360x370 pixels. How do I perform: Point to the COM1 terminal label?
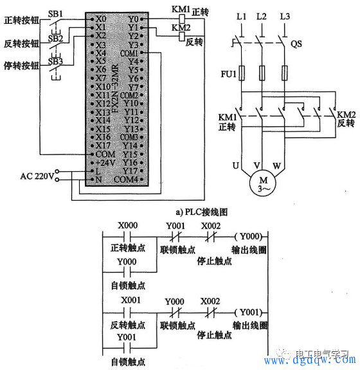click(129, 53)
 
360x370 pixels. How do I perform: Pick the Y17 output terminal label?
click(130, 171)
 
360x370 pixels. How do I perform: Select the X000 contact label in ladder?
click(129, 225)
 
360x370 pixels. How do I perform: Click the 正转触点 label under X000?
click(129, 248)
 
